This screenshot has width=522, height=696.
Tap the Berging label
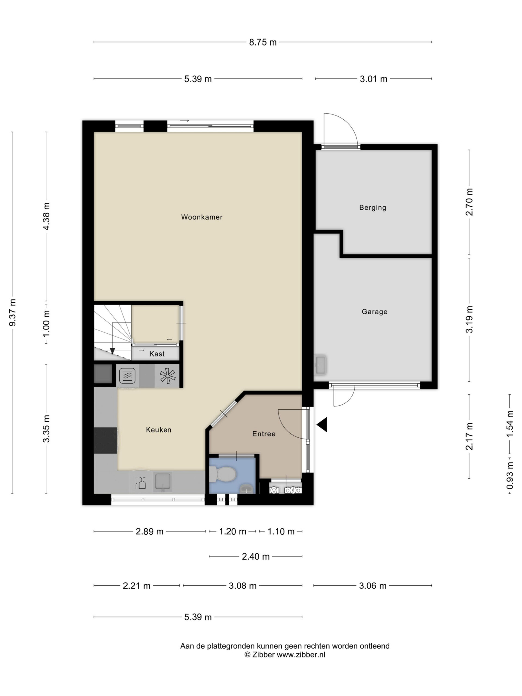point(372,207)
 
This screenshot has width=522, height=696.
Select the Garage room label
point(374,312)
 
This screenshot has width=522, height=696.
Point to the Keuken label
point(159,430)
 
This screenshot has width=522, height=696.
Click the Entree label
point(264,434)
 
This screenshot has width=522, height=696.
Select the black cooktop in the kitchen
point(106,440)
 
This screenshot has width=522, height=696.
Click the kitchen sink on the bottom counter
point(163,481)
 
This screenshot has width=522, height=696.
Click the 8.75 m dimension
point(263,42)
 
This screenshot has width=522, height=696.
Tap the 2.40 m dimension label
point(256,557)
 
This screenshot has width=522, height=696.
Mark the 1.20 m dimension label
point(232,532)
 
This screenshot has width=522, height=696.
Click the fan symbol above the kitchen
point(167,376)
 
